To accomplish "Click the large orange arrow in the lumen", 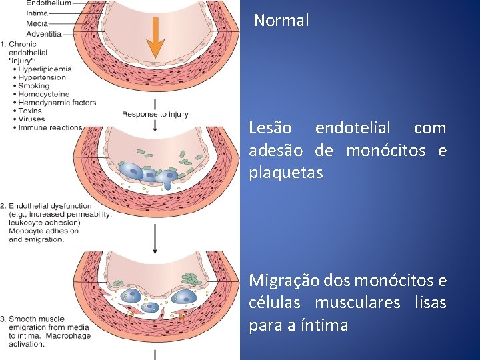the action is coord(155,37).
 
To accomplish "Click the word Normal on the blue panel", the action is coord(281,21).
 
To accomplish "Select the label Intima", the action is coord(37,13).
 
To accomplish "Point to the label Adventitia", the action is coord(44,33).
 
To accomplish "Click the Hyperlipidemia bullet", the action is coord(46,69).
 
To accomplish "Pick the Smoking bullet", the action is coord(34,85).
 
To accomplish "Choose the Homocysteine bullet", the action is coord(45,94).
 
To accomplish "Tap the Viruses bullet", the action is coord(33,119).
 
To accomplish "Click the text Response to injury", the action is coord(155,114).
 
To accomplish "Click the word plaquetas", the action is coord(285,173).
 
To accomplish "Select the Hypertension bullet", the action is coord(43,77).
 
